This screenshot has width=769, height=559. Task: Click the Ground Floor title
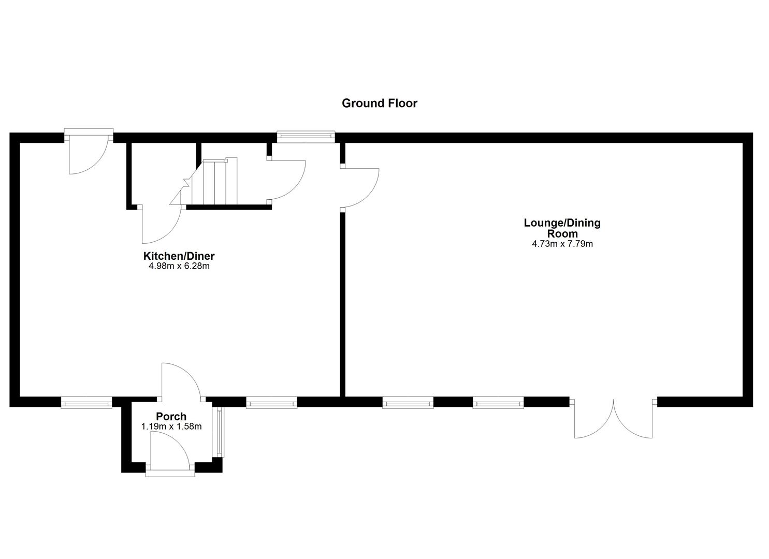point(379,103)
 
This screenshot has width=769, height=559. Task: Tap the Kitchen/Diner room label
point(179,256)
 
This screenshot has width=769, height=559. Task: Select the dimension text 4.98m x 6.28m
point(179,267)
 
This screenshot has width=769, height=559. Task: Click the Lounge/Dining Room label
point(562,228)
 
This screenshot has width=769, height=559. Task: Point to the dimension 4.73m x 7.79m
point(562,244)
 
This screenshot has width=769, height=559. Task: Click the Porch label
point(171,417)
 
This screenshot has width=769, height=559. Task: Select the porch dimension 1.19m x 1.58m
point(171,427)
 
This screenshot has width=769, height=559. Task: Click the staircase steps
point(214,182)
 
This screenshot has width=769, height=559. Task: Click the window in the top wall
point(306,137)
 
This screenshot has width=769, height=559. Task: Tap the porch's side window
point(220,432)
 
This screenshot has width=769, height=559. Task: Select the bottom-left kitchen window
point(86,402)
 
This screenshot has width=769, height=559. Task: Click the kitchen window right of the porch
point(271,402)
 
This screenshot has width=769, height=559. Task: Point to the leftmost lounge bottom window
point(408,402)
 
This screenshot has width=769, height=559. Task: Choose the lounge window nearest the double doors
point(498,402)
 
